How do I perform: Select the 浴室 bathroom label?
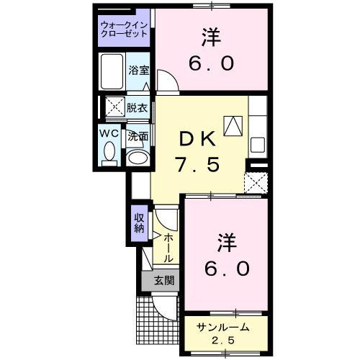[x=138, y=71]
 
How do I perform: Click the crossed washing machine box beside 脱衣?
[x=113, y=108]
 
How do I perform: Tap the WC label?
[x=109, y=134]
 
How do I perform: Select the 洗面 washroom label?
[x=138, y=135]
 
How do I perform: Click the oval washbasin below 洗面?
[x=137, y=157]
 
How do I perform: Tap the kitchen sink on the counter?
[x=257, y=143]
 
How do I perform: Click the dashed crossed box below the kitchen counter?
[x=256, y=182]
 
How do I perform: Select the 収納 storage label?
[x=139, y=223]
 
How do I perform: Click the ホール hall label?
[x=167, y=248]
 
